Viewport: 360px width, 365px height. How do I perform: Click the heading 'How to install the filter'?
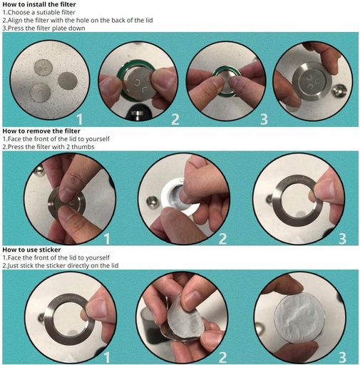pyautogui.click(x=39, y=4)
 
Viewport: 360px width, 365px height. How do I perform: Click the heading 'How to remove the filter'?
pyautogui.click(x=41, y=131)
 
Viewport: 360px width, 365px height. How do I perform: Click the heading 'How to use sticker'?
pyautogui.click(x=31, y=250)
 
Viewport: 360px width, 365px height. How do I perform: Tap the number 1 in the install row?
pyautogui.click(x=80, y=119)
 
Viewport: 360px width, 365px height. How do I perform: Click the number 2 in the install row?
pyautogui.click(x=175, y=119)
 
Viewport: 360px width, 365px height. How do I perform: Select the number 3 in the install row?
pyautogui.click(x=264, y=119)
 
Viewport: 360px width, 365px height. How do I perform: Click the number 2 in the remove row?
pyautogui.click(x=222, y=239)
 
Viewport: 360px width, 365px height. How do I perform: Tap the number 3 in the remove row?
pyautogui.click(x=342, y=239)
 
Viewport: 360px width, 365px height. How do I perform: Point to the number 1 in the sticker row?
pyautogui.click(x=107, y=357)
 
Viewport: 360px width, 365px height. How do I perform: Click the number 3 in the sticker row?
pyautogui.click(x=342, y=357)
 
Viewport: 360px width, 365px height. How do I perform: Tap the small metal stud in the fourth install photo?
pyautogui.click(x=339, y=91)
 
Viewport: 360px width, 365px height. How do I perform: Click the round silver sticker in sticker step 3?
pyautogui.click(x=299, y=319)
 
